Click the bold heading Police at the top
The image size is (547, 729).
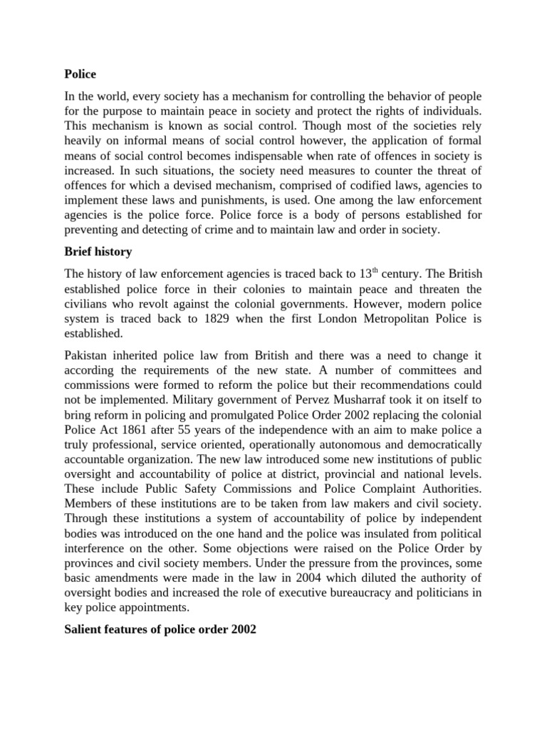click(80, 73)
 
